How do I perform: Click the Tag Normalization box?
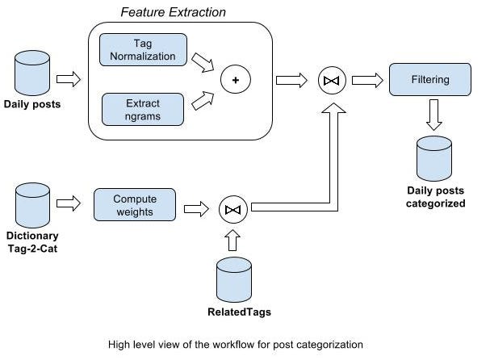tap(144, 49)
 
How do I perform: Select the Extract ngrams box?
tap(144, 110)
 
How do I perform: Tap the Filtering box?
tap(430, 81)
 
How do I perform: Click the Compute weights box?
tap(134, 205)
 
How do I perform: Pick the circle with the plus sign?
tap(235, 79)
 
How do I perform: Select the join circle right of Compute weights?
tap(232, 210)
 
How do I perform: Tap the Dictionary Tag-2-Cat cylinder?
tap(32, 205)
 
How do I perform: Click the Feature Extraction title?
tap(173, 12)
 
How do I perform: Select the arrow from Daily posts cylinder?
tap(70, 79)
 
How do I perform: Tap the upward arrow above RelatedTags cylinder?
tap(232, 240)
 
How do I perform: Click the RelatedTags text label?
tap(232, 311)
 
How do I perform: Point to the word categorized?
tap(436, 204)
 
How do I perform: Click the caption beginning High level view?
tap(236, 345)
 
